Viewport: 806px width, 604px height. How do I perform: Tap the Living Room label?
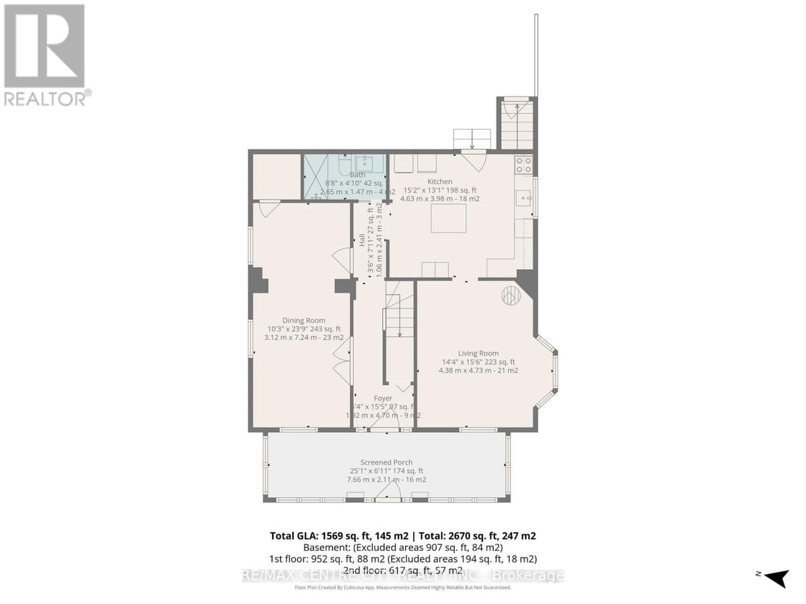(478, 353)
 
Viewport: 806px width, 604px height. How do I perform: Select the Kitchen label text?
(440, 181)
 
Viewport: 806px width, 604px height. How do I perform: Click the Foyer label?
(383, 398)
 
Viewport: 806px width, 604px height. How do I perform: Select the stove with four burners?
(523, 164)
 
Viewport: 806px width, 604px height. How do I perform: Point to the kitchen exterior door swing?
(474, 160)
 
